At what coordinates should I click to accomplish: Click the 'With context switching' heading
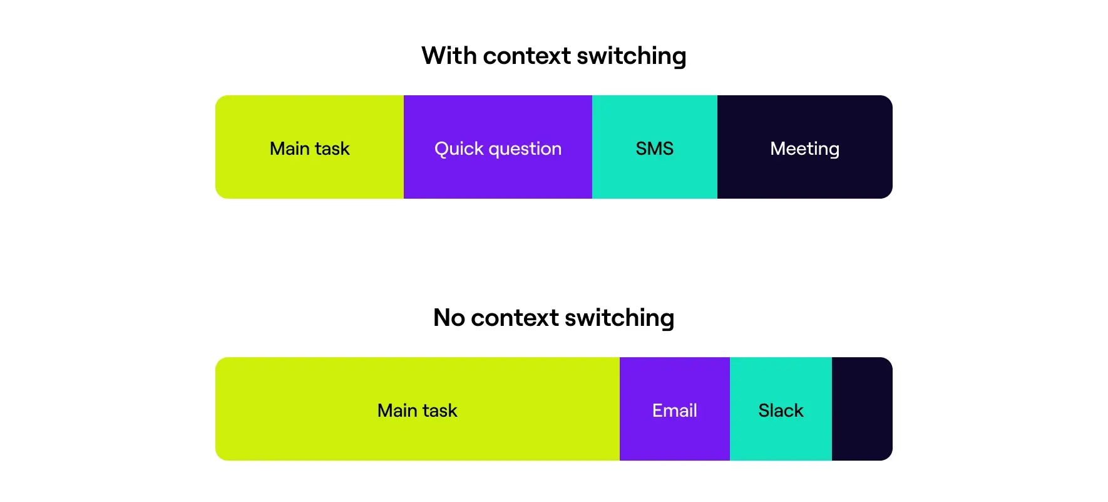point(554,56)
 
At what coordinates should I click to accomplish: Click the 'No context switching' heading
point(554,318)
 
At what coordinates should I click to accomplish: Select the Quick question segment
point(498,147)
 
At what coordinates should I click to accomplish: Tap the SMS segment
point(655,147)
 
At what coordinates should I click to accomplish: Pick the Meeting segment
point(805,147)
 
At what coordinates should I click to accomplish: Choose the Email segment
point(675,409)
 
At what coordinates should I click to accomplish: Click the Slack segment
point(781,409)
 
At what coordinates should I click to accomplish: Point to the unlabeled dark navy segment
point(862,409)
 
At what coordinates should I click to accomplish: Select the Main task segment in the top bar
point(310,147)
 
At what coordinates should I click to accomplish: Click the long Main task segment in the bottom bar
point(418,409)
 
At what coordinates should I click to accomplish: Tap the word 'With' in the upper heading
point(449,55)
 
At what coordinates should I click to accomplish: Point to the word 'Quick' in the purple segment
point(459,149)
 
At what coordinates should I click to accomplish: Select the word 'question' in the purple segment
point(525,150)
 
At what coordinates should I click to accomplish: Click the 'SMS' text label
point(655,149)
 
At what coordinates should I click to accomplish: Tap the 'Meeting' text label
point(805,149)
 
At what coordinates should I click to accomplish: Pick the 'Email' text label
point(675,410)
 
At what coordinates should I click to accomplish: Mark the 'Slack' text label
point(781,410)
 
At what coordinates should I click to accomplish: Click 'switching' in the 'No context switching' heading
point(620,318)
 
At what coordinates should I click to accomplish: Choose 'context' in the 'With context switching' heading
point(527,56)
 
